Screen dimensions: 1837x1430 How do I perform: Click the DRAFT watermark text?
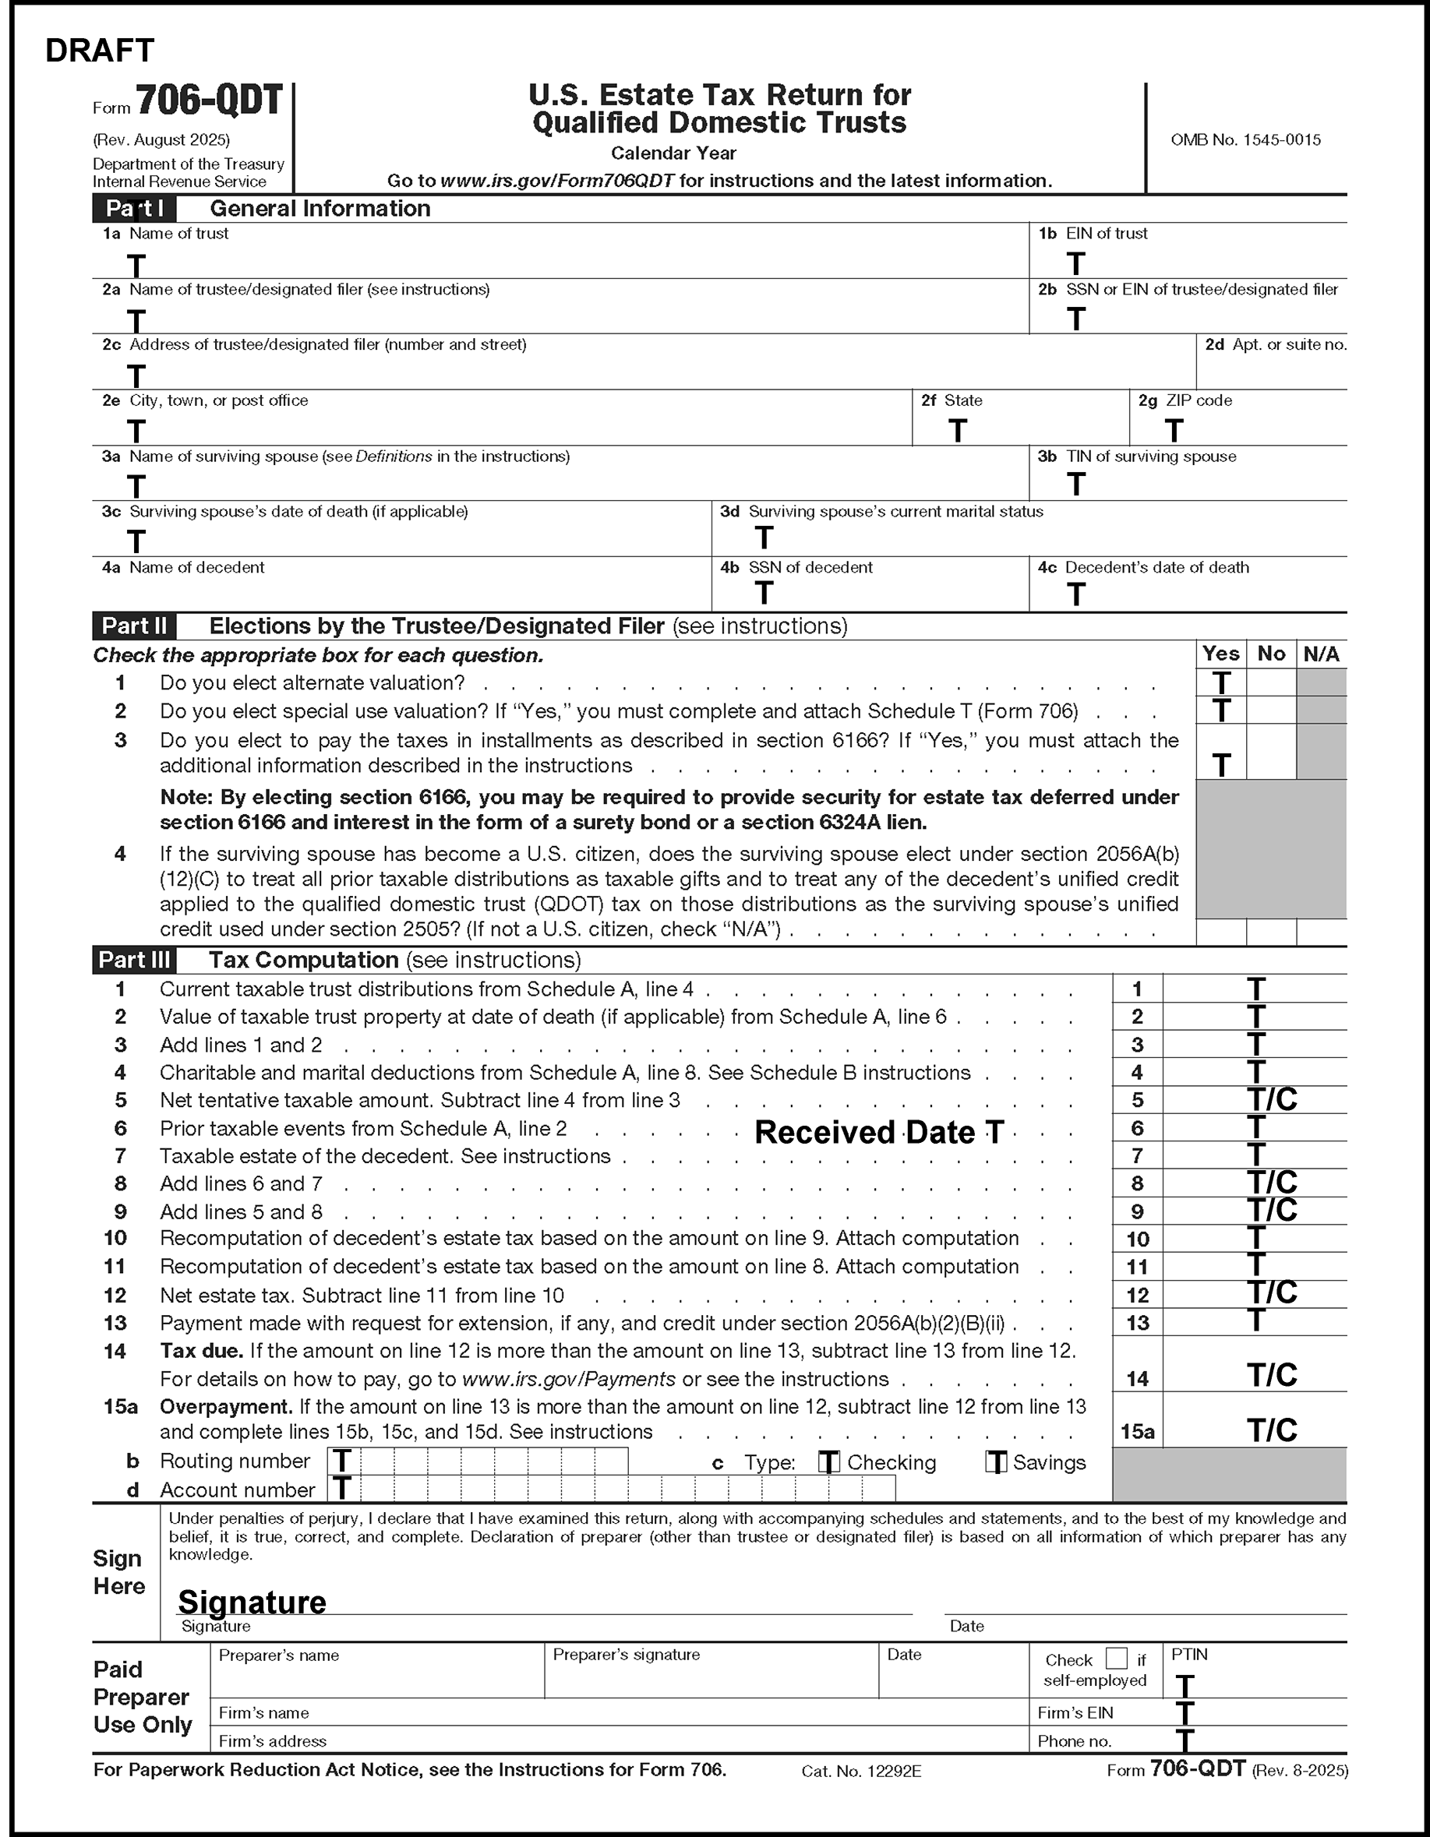tap(99, 51)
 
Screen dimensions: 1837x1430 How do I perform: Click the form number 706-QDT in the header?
tap(209, 102)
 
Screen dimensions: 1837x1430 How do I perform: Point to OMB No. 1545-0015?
tap(1245, 139)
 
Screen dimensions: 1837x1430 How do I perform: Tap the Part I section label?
tap(134, 209)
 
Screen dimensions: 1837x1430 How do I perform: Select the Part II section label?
tap(134, 626)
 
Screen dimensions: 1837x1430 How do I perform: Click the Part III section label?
tap(134, 960)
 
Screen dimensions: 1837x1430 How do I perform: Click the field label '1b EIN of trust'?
tap(1093, 234)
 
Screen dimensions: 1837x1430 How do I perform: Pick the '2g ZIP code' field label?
tap(1185, 400)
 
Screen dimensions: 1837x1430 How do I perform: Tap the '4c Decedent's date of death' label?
tap(1143, 568)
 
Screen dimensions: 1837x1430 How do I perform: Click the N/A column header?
tap(1321, 654)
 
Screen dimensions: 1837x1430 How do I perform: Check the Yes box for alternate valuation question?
tap(1221, 682)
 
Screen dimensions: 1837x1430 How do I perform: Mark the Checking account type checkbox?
tap(828, 1463)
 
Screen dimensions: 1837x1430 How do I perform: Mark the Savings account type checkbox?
tap(996, 1463)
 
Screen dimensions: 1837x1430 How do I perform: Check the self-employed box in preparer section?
tap(1116, 1658)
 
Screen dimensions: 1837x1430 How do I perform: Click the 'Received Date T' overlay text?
tap(879, 1132)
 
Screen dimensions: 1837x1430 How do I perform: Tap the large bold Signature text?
tap(252, 1602)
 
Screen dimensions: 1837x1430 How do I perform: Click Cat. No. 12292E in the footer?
tap(860, 1772)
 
